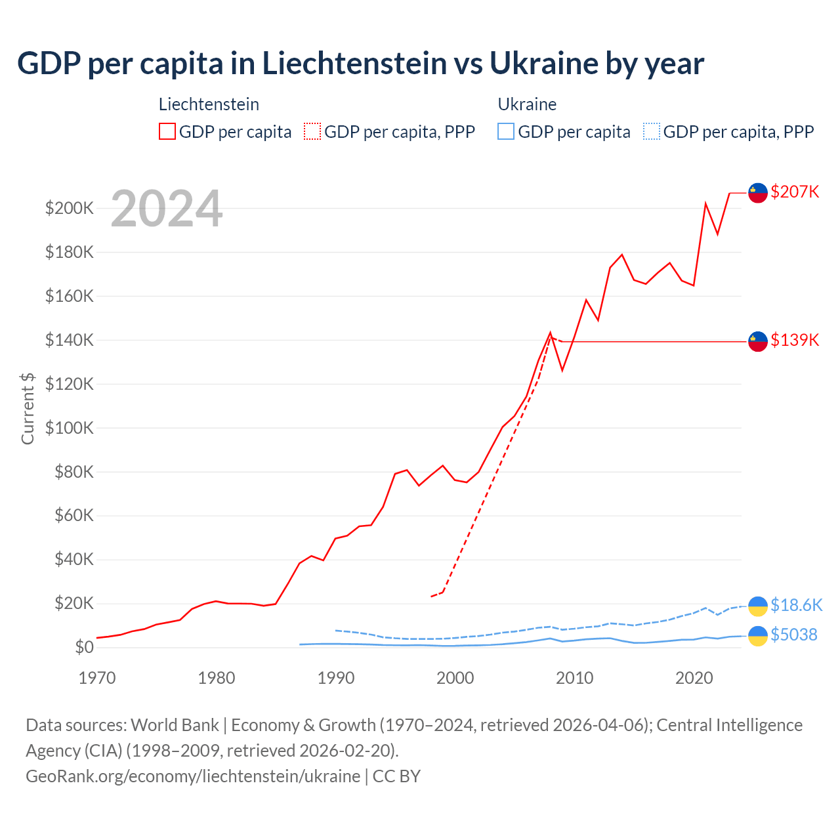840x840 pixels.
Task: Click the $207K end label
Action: coord(795,192)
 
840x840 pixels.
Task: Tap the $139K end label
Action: coord(795,340)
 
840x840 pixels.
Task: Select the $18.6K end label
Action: coord(796,604)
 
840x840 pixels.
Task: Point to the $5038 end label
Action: coord(794,635)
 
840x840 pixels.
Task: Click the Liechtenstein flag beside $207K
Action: coord(758,193)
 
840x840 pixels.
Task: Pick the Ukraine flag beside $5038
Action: coord(758,636)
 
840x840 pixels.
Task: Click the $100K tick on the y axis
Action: coord(69,428)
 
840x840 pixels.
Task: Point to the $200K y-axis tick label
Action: coord(69,208)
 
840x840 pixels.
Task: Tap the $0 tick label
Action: coord(84,647)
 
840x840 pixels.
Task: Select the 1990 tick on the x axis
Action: coord(336,678)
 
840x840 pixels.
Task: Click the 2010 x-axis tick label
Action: coord(575,678)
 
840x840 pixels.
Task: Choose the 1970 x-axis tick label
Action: coord(97,678)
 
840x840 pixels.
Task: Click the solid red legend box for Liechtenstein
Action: coord(167,131)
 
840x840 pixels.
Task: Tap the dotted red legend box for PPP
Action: coord(312,131)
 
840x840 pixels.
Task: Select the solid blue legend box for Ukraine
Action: coord(506,131)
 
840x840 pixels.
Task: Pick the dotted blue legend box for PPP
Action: coord(652,131)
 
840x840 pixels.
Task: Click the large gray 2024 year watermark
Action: coord(167,209)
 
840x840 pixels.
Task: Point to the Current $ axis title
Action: coord(28,408)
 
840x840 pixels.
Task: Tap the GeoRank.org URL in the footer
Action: coord(193,776)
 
